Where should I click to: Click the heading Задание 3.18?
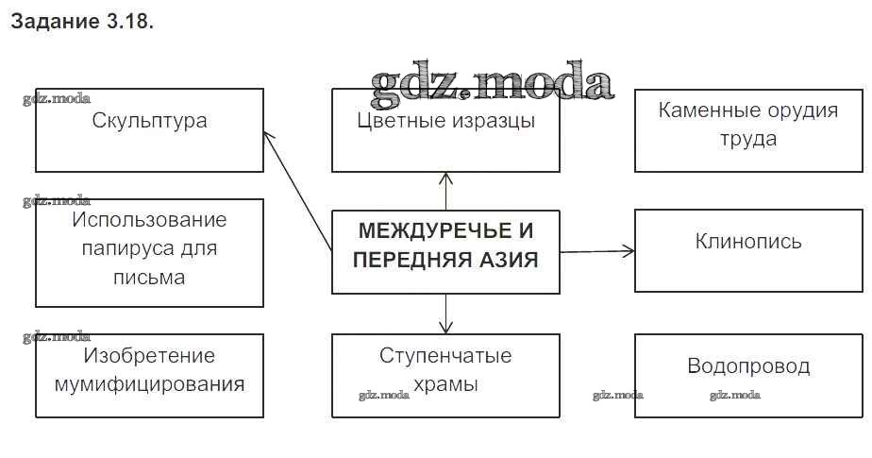[x=81, y=22]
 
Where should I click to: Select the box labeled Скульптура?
[x=149, y=130]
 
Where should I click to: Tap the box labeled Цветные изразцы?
[x=445, y=130]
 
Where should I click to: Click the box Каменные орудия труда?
[x=748, y=130]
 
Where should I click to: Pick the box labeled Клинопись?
[x=748, y=250]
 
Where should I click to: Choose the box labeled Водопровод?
[x=748, y=375]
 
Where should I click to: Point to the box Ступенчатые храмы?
[x=445, y=375]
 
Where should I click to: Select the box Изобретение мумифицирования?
[x=149, y=375]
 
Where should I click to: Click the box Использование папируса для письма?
[x=149, y=252]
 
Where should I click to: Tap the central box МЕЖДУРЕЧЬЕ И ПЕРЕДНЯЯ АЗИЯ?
[x=445, y=251]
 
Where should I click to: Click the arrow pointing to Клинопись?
[x=596, y=251]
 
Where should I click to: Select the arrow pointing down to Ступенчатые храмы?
[x=445, y=314]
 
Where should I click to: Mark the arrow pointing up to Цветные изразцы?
[x=445, y=191]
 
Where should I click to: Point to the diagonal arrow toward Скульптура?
[x=297, y=189]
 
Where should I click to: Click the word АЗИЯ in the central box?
[x=506, y=262]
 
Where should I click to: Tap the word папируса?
[x=149, y=249]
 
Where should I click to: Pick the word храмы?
[x=445, y=385]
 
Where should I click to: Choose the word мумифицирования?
[x=149, y=385]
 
